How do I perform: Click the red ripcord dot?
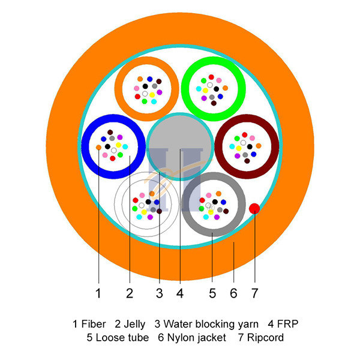[x=254, y=208]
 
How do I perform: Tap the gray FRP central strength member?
[x=180, y=146]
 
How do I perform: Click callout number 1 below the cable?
[x=98, y=293]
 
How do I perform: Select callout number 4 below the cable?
[x=180, y=293]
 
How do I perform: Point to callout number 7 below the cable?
[x=254, y=293]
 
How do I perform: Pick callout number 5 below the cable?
[x=212, y=293]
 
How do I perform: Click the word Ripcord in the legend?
[x=265, y=338]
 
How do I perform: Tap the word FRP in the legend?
[x=287, y=324]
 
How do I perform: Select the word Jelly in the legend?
[x=134, y=325]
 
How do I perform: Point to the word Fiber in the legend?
[x=94, y=324]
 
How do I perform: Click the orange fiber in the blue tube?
[x=98, y=148]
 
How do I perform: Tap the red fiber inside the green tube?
[x=211, y=77]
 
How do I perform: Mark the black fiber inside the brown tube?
[x=250, y=147]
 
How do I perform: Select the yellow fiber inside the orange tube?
[x=152, y=95]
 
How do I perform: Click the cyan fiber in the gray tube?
[x=206, y=217]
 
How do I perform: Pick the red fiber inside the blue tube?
[x=113, y=158]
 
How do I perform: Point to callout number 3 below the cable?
[x=160, y=293]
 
